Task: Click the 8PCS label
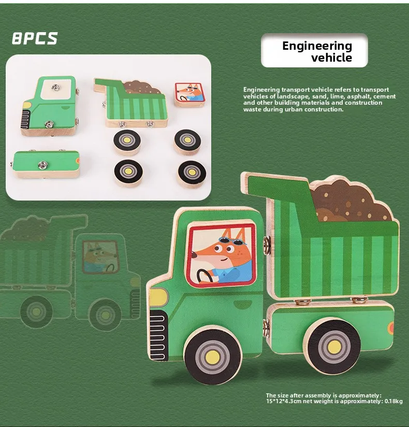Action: (x=34, y=38)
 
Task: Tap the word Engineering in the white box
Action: (x=317, y=46)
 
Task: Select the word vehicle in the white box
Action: (x=331, y=58)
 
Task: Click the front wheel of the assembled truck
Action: (x=212, y=354)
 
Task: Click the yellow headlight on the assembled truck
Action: (x=158, y=297)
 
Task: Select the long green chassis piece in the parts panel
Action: (x=47, y=164)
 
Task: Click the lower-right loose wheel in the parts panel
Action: (x=192, y=172)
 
